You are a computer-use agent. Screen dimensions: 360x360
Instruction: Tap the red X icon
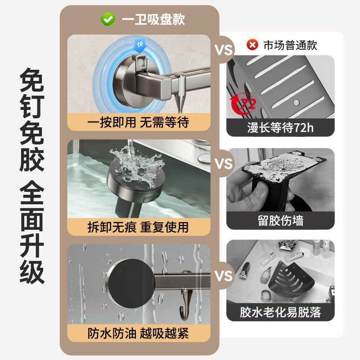click(252, 45)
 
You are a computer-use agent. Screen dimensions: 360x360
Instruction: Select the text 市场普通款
click(290, 45)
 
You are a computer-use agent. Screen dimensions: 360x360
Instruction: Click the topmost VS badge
click(223, 50)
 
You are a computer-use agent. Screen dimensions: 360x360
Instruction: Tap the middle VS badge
click(223, 163)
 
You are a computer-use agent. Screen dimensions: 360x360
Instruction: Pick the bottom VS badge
click(223, 275)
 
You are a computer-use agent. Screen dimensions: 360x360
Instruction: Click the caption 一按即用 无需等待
click(139, 121)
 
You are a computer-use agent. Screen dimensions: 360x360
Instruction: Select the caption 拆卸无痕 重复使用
click(139, 227)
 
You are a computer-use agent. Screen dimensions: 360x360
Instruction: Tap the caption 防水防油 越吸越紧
click(139, 333)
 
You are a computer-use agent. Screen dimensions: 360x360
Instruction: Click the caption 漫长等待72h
click(280, 128)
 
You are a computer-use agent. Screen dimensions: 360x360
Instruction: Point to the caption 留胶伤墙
click(280, 221)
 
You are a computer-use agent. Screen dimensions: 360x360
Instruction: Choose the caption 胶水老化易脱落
click(280, 312)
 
